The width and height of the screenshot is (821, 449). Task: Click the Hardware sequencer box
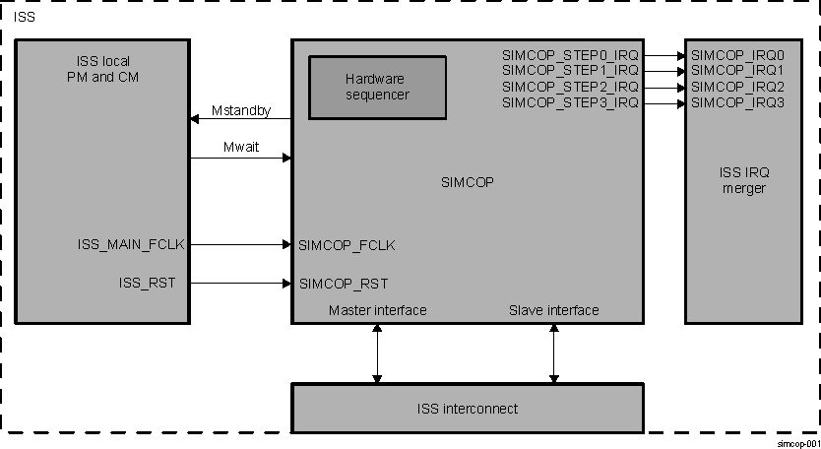click(x=377, y=87)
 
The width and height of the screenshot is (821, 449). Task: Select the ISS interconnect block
click(x=467, y=408)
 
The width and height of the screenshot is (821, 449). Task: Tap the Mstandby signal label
click(x=240, y=111)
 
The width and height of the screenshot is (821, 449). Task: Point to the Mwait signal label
click(x=241, y=147)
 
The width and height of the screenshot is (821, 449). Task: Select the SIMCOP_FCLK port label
click(x=347, y=245)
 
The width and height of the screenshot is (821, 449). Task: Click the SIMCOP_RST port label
click(x=343, y=284)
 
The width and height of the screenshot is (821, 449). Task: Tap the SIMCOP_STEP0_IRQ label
click(x=570, y=55)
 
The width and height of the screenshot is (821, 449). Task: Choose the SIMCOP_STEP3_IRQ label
click(x=570, y=101)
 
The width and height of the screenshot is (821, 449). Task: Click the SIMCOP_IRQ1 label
click(x=737, y=71)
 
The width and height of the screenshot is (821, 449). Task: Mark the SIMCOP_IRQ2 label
click(x=737, y=87)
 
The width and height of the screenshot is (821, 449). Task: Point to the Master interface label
click(x=377, y=310)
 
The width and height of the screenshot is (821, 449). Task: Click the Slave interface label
click(x=553, y=310)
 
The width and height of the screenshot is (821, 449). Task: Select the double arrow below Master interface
click(x=377, y=353)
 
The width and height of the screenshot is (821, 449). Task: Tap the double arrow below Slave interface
click(x=553, y=353)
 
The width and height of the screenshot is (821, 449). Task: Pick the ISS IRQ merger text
click(x=743, y=180)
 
